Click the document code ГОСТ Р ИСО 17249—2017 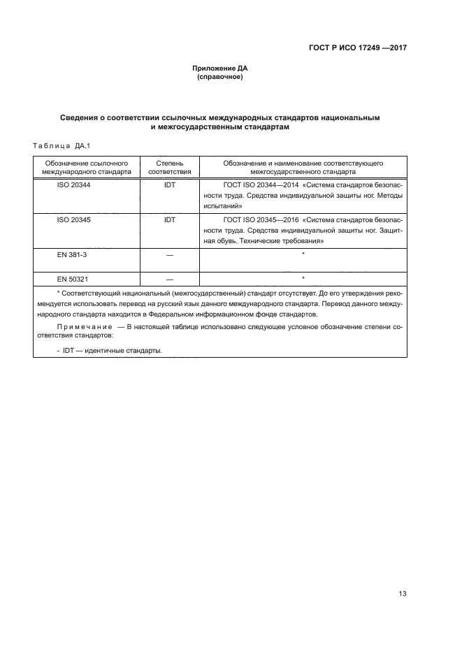click(x=357, y=48)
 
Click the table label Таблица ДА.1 click(x=58, y=146)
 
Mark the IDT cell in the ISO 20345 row click(x=170, y=219)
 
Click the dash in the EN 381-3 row click(x=170, y=256)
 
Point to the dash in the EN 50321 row click(x=170, y=279)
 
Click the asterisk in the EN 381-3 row click(x=303, y=254)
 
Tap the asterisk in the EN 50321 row click(x=303, y=277)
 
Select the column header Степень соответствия click(x=170, y=166)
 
